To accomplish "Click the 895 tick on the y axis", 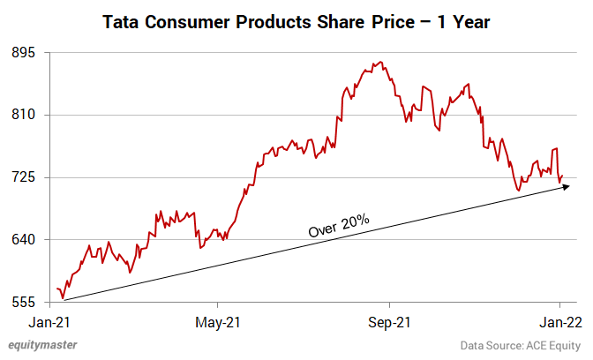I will (x=23, y=52).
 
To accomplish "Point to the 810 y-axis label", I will (x=23, y=115).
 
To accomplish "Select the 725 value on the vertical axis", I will (x=23, y=177).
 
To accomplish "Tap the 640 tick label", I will (x=23, y=240).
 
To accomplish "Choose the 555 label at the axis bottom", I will (x=23, y=302).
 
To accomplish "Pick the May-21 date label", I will (x=217, y=320).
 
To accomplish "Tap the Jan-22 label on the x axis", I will (x=560, y=320).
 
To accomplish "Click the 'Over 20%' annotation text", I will (x=339, y=224).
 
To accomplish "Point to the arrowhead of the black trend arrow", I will (x=569, y=186).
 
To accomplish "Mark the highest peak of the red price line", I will (x=379, y=63).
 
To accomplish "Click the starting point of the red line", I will (x=56, y=289).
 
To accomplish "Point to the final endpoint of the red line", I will (x=561, y=176).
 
